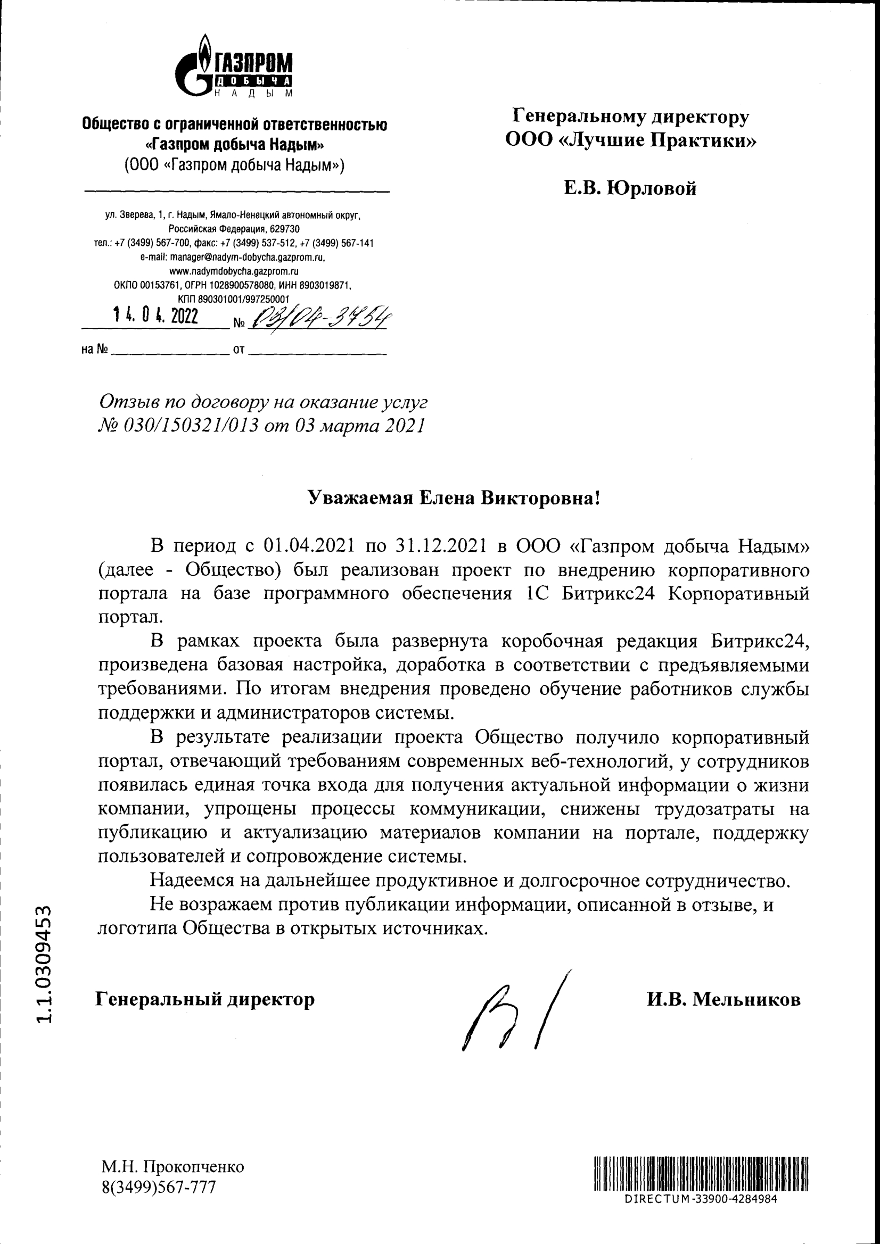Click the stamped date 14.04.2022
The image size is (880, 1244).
[x=155, y=316]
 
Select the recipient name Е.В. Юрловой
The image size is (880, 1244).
[x=630, y=188]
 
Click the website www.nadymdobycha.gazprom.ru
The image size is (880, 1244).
[x=234, y=271]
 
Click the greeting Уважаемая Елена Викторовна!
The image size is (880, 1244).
[x=454, y=497]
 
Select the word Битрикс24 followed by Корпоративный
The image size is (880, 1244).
[x=608, y=594]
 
